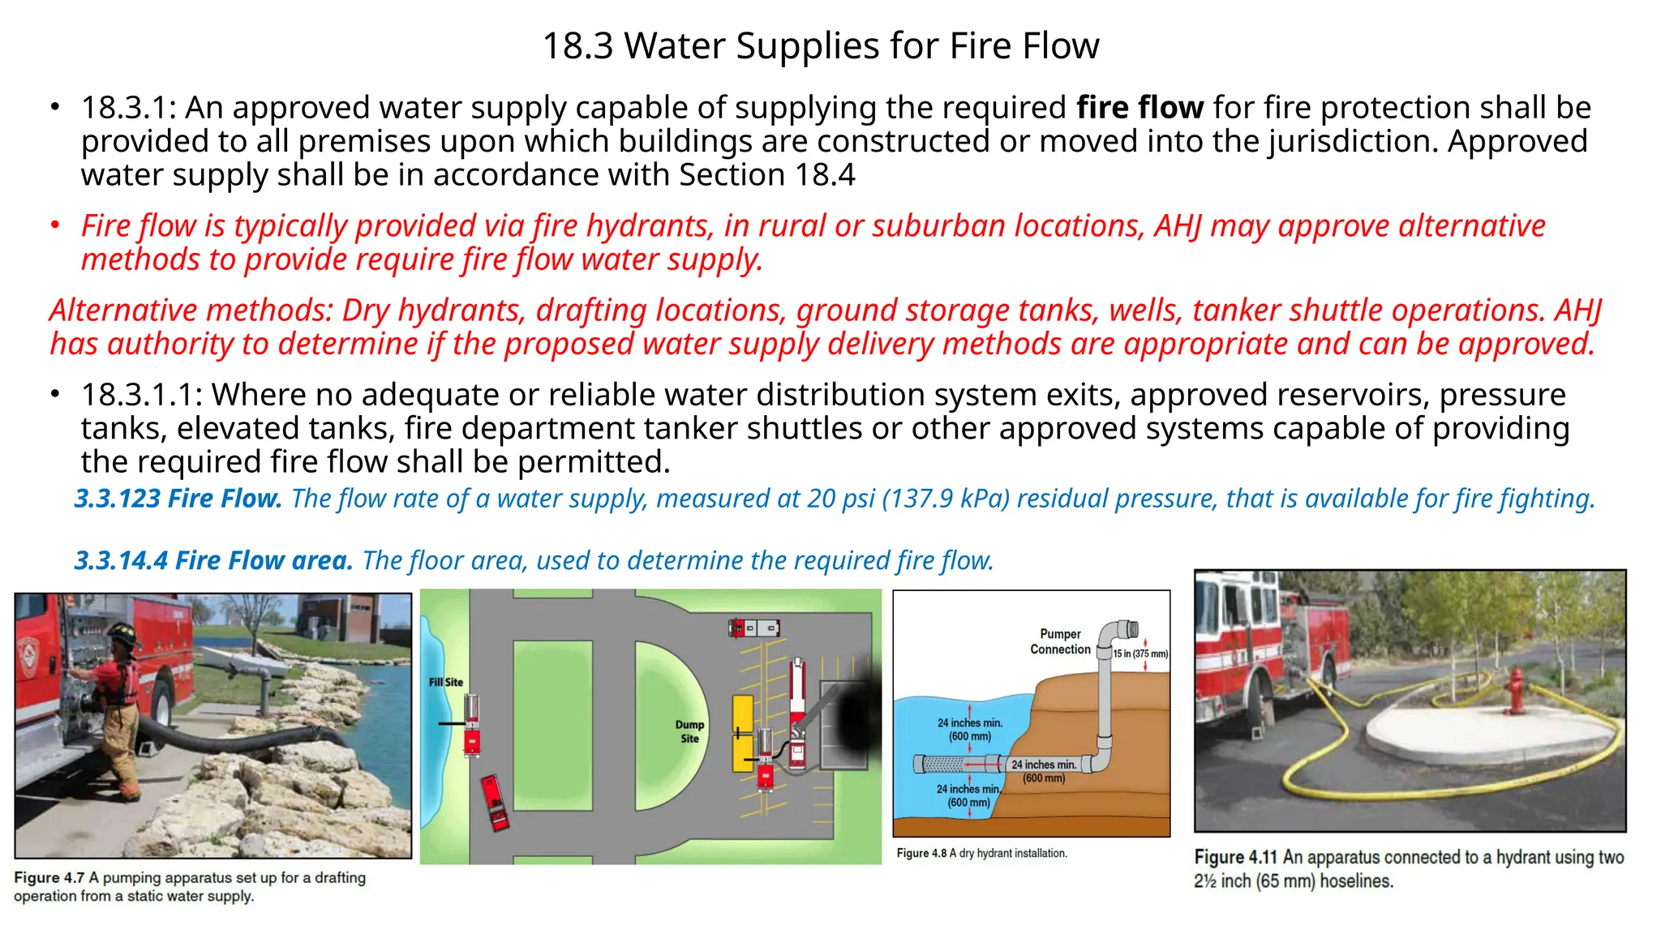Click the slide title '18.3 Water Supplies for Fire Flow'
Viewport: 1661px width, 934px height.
[820, 45]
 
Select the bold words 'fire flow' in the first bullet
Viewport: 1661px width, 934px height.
[1140, 107]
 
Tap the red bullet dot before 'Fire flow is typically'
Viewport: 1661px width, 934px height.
[55, 225]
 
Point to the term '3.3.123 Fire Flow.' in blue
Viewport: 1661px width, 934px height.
[178, 498]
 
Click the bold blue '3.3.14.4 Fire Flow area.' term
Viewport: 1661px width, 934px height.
[213, 560]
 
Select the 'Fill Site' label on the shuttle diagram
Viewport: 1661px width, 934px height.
[446, 682]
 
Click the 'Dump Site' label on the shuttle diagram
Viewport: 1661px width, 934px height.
[689, 731]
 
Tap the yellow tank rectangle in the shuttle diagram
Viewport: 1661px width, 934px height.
[742, 733]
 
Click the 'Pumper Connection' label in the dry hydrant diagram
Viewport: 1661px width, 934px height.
[1060, 641]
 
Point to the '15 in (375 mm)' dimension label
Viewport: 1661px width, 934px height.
[1140, 653]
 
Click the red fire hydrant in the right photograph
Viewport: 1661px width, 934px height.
[1514, 690]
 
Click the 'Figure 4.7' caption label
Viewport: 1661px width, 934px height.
[49, 877]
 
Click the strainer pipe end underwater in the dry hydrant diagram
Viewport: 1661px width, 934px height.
[941, 764]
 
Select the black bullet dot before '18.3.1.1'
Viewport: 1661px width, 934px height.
[55, 395]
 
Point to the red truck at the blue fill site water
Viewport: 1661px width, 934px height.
[472, 725]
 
